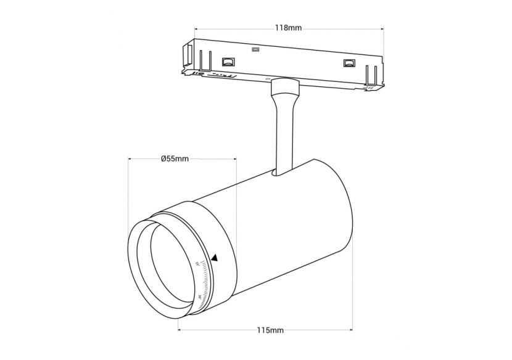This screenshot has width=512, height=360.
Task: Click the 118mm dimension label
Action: (x=289, y=28)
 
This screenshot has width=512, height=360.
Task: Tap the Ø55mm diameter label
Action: (x=175, y=158)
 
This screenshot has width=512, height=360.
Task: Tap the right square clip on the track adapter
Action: (x=349, y=63)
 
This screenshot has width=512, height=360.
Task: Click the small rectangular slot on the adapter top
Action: (x=255, y=49)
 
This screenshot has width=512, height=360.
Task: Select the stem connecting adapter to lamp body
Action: (x=283, y=133)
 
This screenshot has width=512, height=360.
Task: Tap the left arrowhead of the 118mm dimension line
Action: (x=196, y=28)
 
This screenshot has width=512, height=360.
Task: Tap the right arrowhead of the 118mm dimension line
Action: (x=382, y=28)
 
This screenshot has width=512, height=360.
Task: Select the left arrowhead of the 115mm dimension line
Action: (x=181, y=330)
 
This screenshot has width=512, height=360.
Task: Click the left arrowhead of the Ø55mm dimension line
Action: (x=130, y=158)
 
